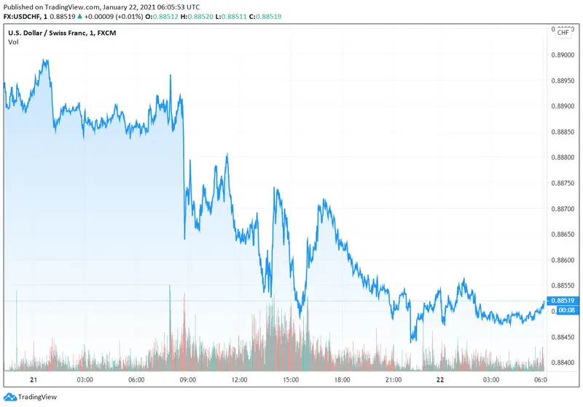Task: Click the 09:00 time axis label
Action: point(187,380)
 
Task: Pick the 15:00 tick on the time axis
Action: point(291,380)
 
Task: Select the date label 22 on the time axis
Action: point(439,380)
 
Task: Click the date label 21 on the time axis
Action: point(34,380)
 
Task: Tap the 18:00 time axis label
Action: point(343,380)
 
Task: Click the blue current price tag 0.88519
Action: point(563,301)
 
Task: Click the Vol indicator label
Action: point(13,42)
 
